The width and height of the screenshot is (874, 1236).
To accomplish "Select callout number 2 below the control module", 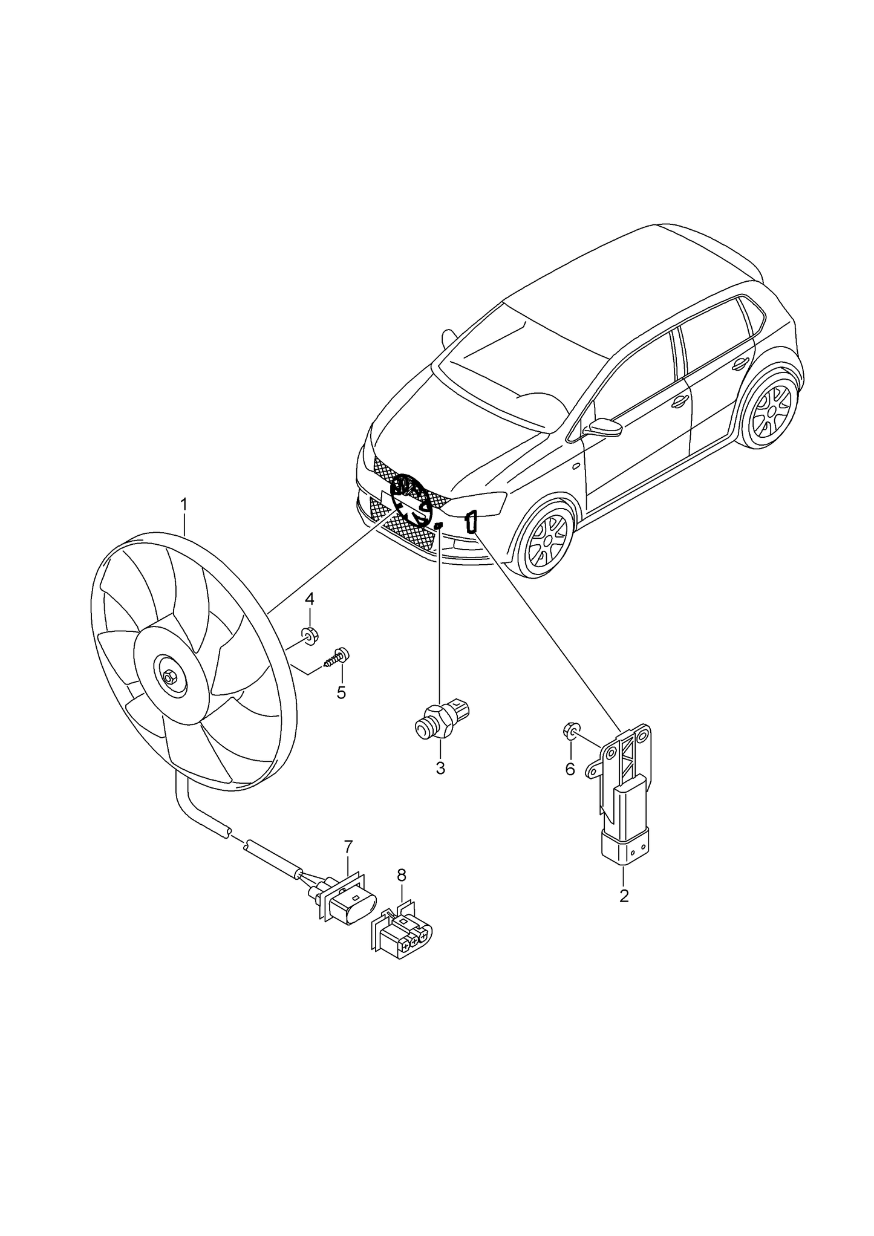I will click(x=624, y=895).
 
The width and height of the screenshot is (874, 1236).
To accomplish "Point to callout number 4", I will click(x=309, y=599).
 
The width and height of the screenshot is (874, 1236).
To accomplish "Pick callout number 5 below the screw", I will click(x=341, y=692).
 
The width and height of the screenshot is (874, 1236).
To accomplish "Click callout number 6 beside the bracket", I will click(x=570, y=769).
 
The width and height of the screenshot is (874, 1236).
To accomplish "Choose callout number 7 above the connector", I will click(x=348, y=847).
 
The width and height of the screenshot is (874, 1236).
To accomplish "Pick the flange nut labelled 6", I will click(x=570, y=732).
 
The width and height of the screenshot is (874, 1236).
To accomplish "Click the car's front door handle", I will click(x=680, y=400).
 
